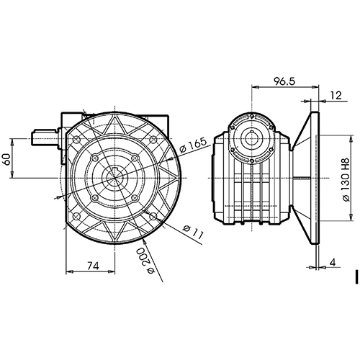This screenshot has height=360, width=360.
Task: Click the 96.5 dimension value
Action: (x=284, y=81)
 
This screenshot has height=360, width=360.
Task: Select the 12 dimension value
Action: (x=336, y=96)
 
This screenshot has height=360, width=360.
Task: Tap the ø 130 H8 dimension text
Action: (x=346, y=179)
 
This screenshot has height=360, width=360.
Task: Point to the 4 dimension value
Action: (x=333, y=263)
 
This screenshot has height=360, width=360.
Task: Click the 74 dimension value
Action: (x=93, y=266)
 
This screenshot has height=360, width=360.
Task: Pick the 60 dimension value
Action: (x=7, y=159)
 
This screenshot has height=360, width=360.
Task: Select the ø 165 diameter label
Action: (x=193, y=145)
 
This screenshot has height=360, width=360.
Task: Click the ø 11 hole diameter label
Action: (x=193, y=232)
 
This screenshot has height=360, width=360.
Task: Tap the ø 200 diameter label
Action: (x=146, y=261)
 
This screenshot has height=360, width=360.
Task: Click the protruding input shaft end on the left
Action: (x=45, y=138)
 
